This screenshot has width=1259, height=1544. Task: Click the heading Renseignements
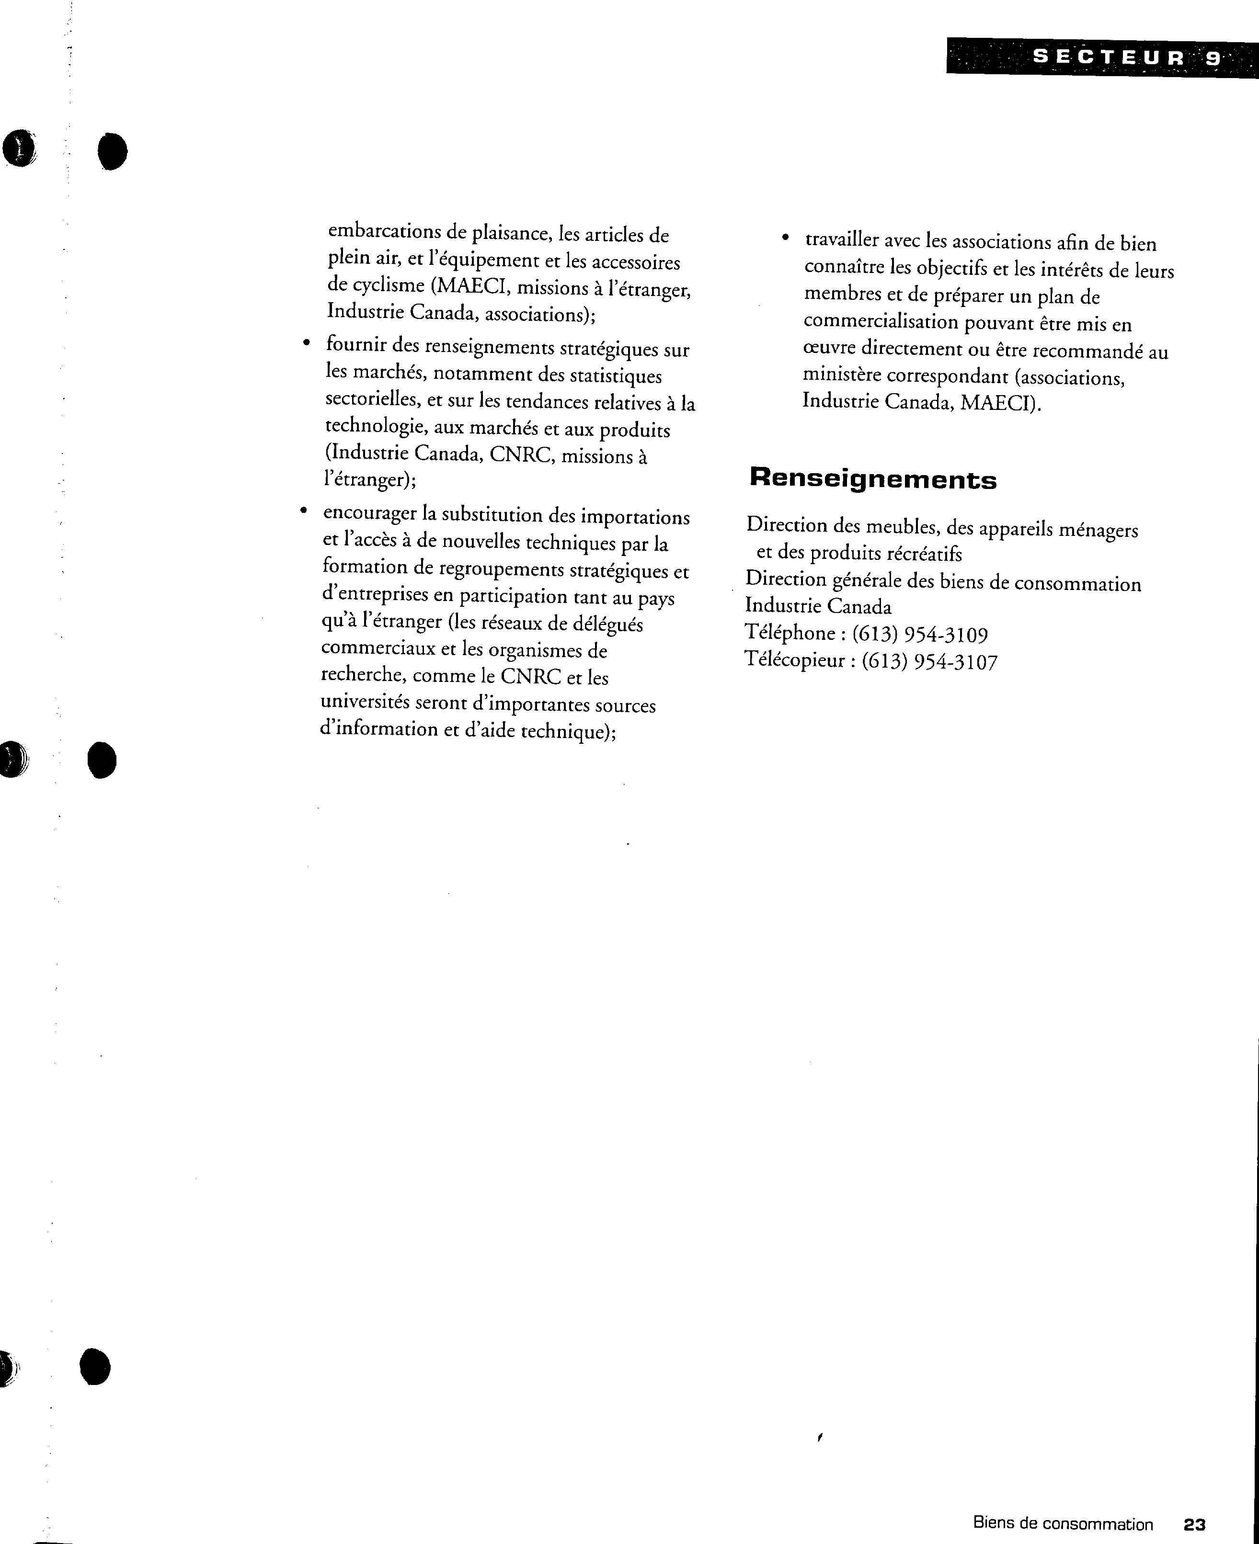(872, 480)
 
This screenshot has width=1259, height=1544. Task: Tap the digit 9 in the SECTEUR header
(1213, 58)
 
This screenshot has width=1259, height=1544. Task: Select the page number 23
(1194, 1524)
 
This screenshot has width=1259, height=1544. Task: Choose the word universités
(365, 703)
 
